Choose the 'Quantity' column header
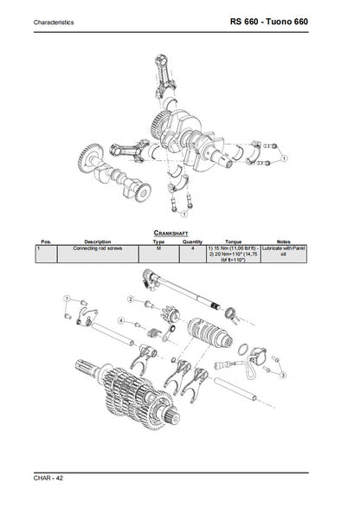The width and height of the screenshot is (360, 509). (x=192, y=242)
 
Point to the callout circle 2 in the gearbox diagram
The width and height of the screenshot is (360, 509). (x=131, y=299)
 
